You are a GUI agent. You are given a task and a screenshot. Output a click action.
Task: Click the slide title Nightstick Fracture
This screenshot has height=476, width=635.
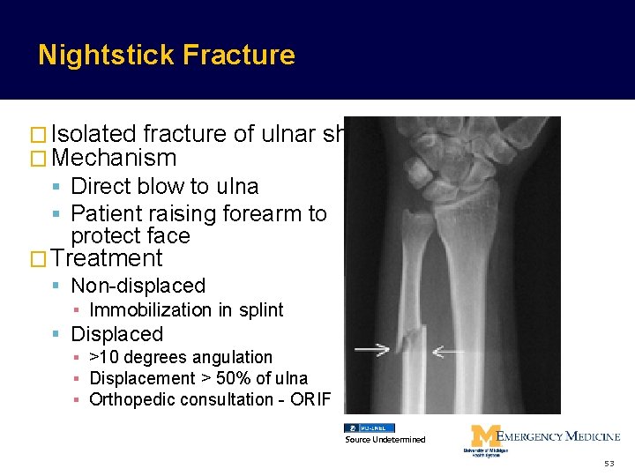click(167, 55)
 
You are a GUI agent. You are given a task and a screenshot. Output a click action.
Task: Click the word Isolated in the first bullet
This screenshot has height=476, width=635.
click(93, 134)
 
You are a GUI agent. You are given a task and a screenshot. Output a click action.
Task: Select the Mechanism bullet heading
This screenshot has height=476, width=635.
click(115, 159)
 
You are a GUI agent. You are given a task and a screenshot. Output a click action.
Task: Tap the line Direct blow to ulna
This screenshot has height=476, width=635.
click(164, 187)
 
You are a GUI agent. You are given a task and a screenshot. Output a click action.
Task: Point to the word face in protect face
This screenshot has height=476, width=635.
click(170, 236)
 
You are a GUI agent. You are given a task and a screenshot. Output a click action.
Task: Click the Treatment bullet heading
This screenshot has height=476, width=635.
click(108, 258)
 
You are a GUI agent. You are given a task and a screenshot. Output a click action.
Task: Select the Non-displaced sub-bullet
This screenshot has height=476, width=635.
click(138, 286)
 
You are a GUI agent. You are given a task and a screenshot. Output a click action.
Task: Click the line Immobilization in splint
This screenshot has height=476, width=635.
click(186, 310)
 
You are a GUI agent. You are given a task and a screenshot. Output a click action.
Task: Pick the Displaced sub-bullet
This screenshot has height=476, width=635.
click(116, 335)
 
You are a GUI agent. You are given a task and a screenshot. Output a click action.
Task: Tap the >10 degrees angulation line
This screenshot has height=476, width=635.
click(181, 357)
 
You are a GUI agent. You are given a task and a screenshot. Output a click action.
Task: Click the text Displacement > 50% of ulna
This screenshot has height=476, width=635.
click(198, 378)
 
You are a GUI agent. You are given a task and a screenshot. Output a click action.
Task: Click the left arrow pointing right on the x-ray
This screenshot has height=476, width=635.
click(372, 350)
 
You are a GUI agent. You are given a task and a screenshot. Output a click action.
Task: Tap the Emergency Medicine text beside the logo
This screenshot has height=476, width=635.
click(559, 436)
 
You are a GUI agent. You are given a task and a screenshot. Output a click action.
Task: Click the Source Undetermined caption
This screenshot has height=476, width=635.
click(385, 439)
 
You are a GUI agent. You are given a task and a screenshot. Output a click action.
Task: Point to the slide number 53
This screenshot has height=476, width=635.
click(608, 464)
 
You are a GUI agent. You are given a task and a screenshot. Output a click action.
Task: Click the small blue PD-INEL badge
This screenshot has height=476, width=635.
click(369, 428)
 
